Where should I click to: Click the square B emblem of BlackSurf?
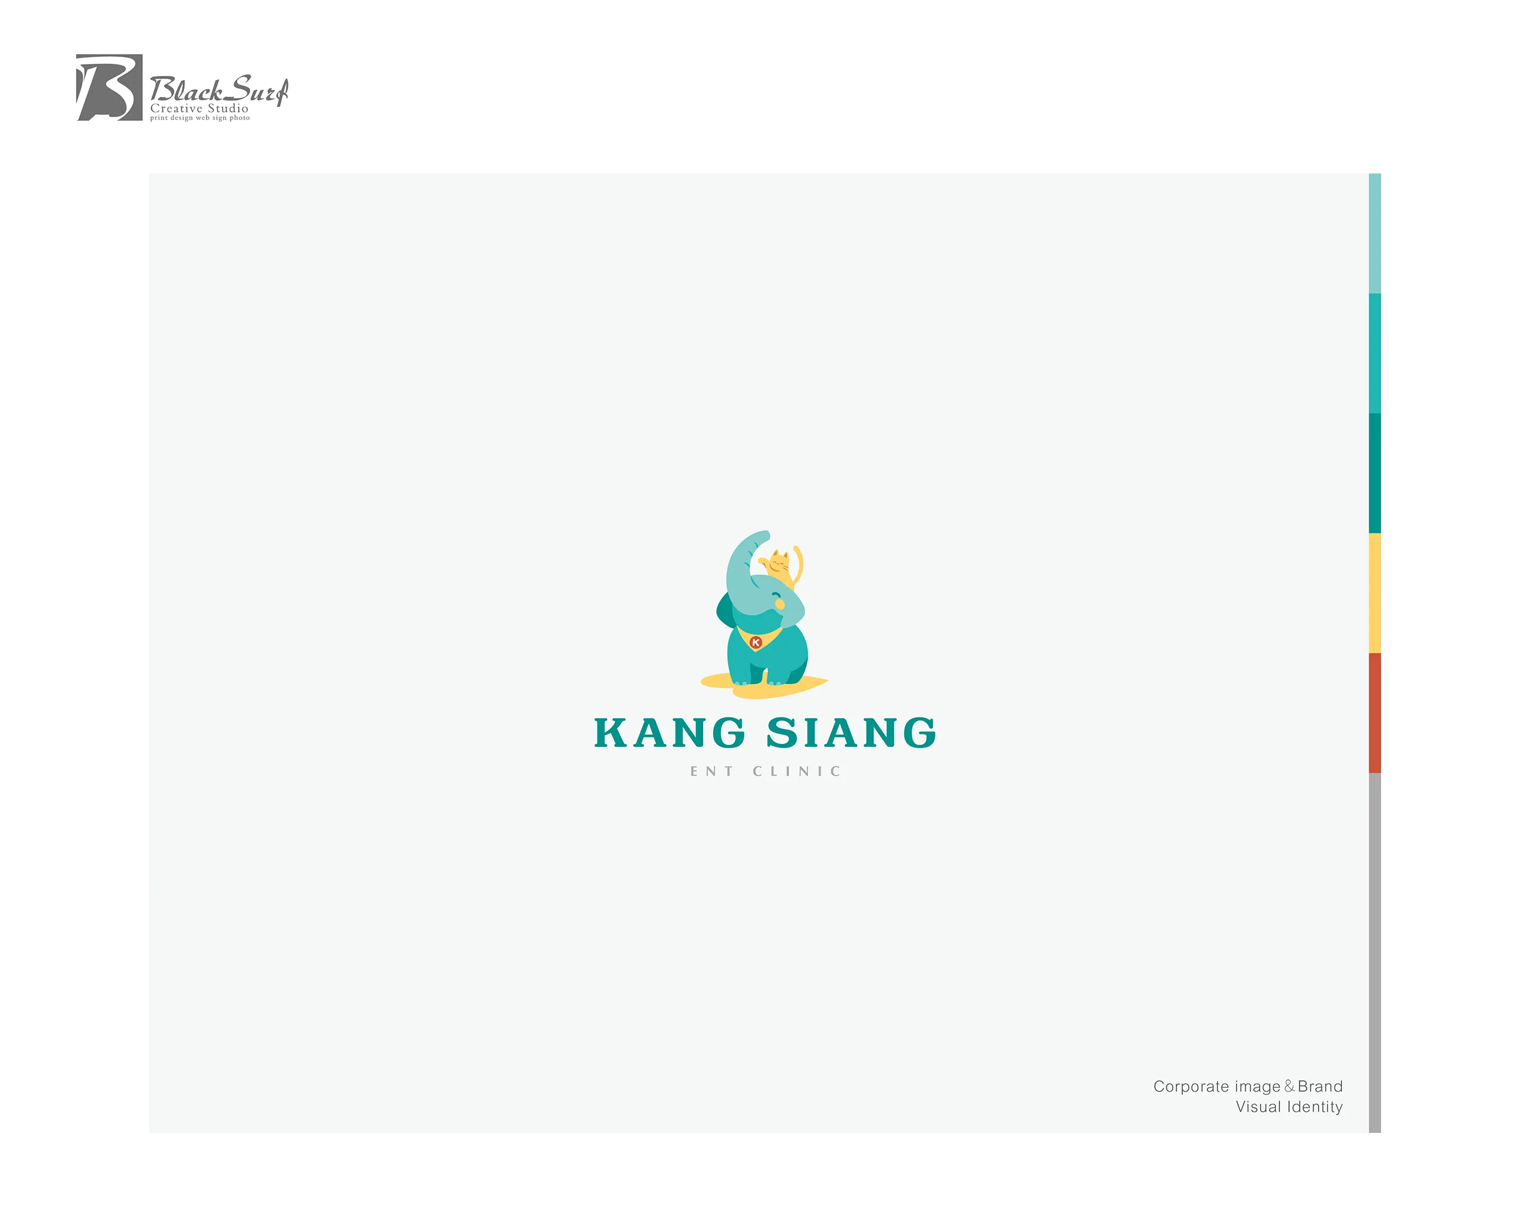(108, 87)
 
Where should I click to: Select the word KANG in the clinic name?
(670, 733)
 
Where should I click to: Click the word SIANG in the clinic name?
(852, 733)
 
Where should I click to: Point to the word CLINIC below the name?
(797, 771)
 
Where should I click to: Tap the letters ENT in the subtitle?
(712, 771)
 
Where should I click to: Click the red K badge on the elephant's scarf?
(756, 643)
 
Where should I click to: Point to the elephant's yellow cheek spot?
(780, 604)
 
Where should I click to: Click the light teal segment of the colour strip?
(1374, 233)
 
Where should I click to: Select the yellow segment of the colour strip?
(1374, 593)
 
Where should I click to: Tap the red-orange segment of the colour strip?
(1374, 713)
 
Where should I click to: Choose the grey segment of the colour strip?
(1374, 953)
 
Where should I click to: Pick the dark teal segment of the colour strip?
(1374, 473)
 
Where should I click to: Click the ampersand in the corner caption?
(1289, 1086)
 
